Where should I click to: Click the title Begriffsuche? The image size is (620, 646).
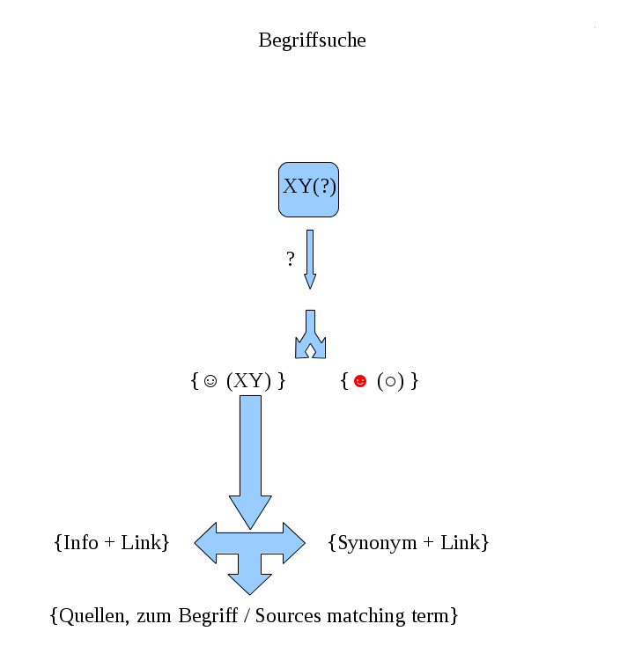pos(312,40)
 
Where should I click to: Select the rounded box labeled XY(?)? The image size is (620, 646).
pos(309,188)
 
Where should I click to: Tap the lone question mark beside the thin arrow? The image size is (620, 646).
pos(291,259)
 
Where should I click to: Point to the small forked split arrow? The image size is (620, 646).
pos(310,335)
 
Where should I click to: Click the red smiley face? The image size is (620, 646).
pos(359,381)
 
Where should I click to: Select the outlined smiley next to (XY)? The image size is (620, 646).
pos(210,382)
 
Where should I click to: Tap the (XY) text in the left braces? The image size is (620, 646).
pos(247,381)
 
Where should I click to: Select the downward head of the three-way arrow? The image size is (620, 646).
pos(250,582)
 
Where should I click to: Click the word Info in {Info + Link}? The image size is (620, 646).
pos(81,542)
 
